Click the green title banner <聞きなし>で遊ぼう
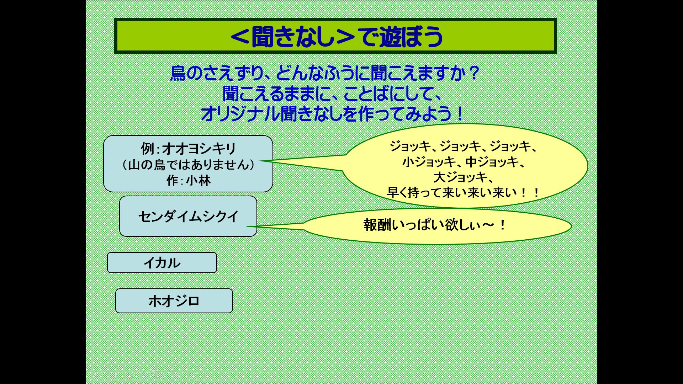tap(335, 36)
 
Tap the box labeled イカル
tap(162, 263)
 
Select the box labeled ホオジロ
tap(174, 301)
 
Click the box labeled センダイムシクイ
tap(188, 216)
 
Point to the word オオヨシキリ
tap(199, 149)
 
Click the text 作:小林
tap(188, 181)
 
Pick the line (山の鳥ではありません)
tap(188, 165)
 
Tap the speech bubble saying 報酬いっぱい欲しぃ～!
tap(437, 226)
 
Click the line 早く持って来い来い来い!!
tap(463, 193)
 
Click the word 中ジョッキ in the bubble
tap(492, 162)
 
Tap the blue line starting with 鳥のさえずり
tap(325, 73)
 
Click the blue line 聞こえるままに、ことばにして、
tap(332, 94)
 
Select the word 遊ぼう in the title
tap(411, 36)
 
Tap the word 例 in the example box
tap(148, 149)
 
